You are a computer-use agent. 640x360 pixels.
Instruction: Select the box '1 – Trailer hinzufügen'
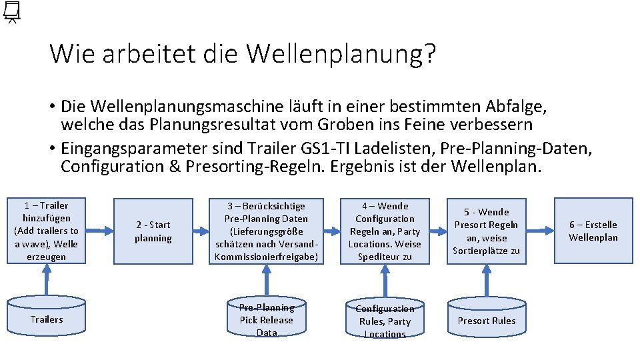46,231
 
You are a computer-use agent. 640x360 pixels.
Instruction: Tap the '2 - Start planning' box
153,231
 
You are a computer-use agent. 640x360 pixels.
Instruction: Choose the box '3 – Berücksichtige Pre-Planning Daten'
266,231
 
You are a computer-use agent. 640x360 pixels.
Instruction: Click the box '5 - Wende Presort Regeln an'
486,231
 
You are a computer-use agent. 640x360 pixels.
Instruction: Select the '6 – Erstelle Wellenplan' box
593,231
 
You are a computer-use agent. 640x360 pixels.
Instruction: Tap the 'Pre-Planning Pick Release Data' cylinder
266,319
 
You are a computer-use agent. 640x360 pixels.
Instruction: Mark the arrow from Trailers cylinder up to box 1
46,280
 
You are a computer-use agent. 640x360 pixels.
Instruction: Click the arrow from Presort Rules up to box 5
486,280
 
